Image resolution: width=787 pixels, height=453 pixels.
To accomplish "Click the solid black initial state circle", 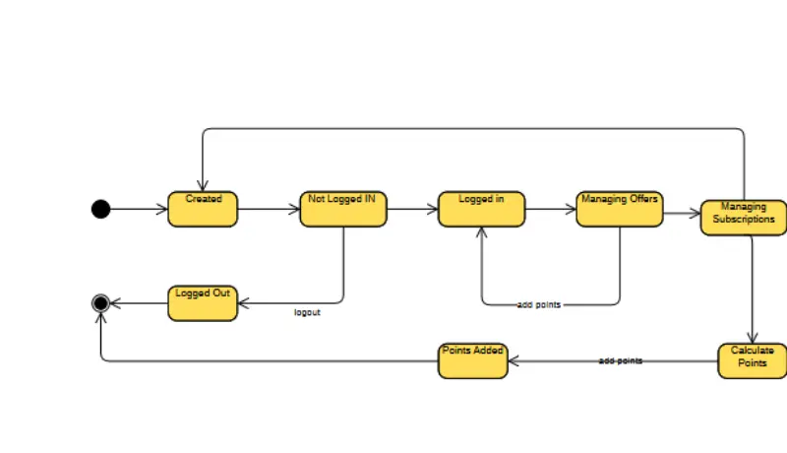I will click(x=100, y=209).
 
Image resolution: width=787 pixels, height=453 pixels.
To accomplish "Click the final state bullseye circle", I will click(x=100, y=303).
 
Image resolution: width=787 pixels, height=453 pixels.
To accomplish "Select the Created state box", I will click(x=203, y=209).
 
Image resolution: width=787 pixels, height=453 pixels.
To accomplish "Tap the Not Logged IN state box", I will click(x=343, y=209).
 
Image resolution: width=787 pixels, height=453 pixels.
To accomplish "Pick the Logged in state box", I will click(x=481, y=209).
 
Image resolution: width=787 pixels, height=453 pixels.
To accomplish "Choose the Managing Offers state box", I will click(x=620, y=209).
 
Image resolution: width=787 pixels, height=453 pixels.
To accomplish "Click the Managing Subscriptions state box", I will click(x=744, y=218).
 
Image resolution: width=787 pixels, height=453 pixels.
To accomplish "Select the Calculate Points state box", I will click(x=753, y=361).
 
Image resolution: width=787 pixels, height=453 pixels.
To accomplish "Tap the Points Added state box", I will click(x=473, y=361).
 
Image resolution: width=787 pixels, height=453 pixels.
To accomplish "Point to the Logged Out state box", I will click(x=203, y=303).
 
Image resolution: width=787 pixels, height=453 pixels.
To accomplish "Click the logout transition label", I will click(x=307, y=313).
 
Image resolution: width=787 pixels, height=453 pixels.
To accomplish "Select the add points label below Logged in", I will click(x=539, y=304).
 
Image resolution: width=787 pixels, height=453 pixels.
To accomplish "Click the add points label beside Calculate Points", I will click(x=621, y=361).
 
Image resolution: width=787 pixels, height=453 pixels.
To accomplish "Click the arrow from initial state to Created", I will click(x=139, y=209).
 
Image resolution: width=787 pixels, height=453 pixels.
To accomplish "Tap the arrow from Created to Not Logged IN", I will click(x=269, y=209).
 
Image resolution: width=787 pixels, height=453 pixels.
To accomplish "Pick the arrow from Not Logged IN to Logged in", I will click(x=412, y=209).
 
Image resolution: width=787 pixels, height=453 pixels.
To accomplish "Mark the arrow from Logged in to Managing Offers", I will click(x=551, y=209).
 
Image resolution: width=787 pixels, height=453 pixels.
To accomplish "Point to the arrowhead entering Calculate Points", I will click(x=753, y=338).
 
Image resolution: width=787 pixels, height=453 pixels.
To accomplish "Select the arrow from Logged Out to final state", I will click(x=138, y=303).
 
